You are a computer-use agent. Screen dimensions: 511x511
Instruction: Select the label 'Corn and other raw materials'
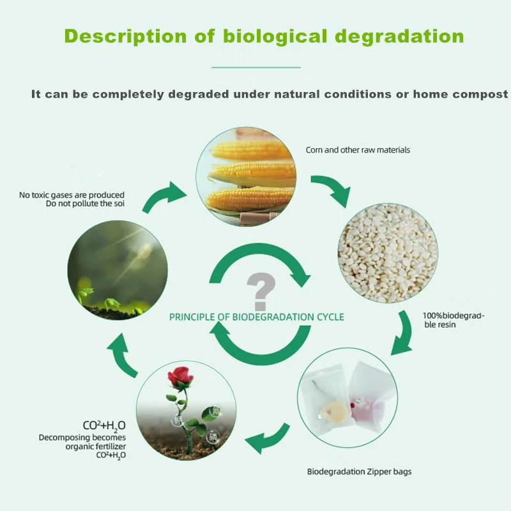358,150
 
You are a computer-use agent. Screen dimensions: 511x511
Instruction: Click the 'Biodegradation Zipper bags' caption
359,472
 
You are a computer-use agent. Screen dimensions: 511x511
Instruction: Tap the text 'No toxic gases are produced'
72,195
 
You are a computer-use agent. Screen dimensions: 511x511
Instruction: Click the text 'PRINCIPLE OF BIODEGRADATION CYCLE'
256,317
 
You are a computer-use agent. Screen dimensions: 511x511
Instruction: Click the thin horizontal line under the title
256,66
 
